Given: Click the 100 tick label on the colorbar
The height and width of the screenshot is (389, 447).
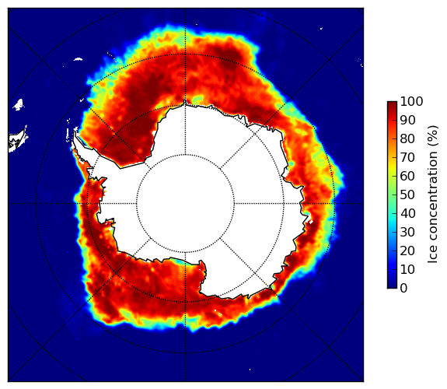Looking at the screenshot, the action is [x=411, y=102].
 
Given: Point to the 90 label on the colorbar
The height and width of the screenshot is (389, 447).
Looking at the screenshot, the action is [x=407, y=120].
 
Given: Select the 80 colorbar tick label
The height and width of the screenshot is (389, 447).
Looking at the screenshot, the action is [x=407, y=139].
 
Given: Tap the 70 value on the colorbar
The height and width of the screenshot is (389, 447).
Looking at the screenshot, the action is [x=407, y=157].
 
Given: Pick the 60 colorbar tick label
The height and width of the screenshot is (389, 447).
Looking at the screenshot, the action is [x=407, y=176].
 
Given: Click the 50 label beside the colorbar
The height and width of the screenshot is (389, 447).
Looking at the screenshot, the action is [x=407, y=195].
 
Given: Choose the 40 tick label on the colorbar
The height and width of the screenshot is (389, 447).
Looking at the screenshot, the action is [x=407, y=213].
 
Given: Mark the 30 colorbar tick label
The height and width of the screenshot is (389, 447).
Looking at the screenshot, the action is [x=407, y=232].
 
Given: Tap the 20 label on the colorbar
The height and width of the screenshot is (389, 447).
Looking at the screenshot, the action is [x=407, y=251].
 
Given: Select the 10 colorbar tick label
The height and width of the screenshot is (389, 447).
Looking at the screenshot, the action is [x=407, y=269].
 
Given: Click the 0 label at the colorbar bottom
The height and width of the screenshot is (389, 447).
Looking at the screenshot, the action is [x=403, y=289].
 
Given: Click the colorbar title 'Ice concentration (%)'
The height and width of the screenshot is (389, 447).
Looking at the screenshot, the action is [x=433, y=194].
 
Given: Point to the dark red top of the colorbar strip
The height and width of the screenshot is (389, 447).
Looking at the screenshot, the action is [x=392, y=103].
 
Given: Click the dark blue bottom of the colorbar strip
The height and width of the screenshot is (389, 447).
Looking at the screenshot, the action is [x=392, y=286].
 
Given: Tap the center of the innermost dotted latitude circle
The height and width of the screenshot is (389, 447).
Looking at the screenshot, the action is [x=185, y=204].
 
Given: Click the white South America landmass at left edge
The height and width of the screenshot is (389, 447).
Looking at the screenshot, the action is [x=17, y=141].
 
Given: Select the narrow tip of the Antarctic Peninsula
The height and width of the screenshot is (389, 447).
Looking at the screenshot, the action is [x=75, y=134].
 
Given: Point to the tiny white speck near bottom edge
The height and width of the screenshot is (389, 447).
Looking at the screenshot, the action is [x=250, y=370].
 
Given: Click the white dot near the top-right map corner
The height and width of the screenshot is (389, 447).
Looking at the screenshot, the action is [x=321, y=28].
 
